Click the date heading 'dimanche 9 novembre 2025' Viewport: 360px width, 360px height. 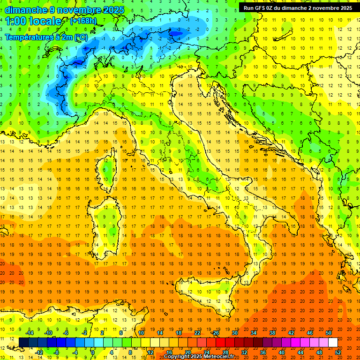65,10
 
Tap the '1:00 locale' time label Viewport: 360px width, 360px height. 33,21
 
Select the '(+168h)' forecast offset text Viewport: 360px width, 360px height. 83,21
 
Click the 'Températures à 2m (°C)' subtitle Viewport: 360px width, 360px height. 46,37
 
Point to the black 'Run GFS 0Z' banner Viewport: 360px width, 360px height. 297,7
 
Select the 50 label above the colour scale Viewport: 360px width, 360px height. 329,332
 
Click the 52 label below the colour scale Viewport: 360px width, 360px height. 338,352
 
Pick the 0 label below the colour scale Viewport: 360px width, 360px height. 93,352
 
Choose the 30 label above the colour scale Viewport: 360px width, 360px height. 235,332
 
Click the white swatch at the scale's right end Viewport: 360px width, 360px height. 333,342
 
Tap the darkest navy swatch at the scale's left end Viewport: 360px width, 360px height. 24,342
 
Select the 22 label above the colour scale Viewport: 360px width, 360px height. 197,332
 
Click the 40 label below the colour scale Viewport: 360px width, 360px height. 282,352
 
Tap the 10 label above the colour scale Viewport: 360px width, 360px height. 141,332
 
